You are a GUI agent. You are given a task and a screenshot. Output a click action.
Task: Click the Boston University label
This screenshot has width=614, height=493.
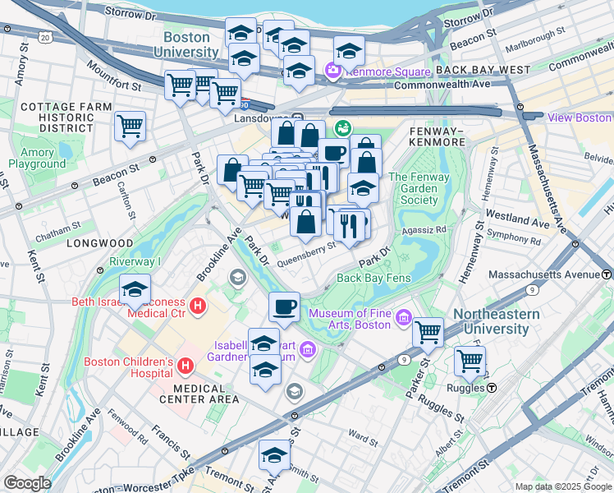click(x=191, y=44)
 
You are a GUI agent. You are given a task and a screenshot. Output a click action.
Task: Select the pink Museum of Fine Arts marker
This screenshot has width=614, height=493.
click(x=403, y=317)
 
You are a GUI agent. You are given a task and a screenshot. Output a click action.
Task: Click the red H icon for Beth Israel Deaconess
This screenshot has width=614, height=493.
click(x=197, y=307)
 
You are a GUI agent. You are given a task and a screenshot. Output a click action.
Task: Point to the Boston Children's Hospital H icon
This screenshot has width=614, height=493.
click(x=186, y=365)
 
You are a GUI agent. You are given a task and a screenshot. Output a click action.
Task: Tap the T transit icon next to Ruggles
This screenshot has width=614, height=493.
click(x=492, y=387)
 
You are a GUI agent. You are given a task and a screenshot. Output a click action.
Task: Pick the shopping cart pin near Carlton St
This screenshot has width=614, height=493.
click(x=130, y=127)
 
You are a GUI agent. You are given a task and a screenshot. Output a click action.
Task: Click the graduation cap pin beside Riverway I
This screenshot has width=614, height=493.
click(x=135, y=291)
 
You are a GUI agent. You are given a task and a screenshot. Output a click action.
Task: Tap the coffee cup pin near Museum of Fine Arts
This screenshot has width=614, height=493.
click(x=285, y=307)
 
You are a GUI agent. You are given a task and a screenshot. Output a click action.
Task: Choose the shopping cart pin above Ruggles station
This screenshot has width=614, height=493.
click(x=470, y=360)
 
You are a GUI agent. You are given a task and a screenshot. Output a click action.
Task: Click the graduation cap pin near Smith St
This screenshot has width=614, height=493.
click(x=275, y=455)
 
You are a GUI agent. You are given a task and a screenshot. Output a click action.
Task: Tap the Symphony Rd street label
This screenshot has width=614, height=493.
click(x=515, y=242)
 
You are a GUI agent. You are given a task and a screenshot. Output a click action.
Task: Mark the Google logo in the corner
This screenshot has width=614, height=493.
click(x=28, y=483)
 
